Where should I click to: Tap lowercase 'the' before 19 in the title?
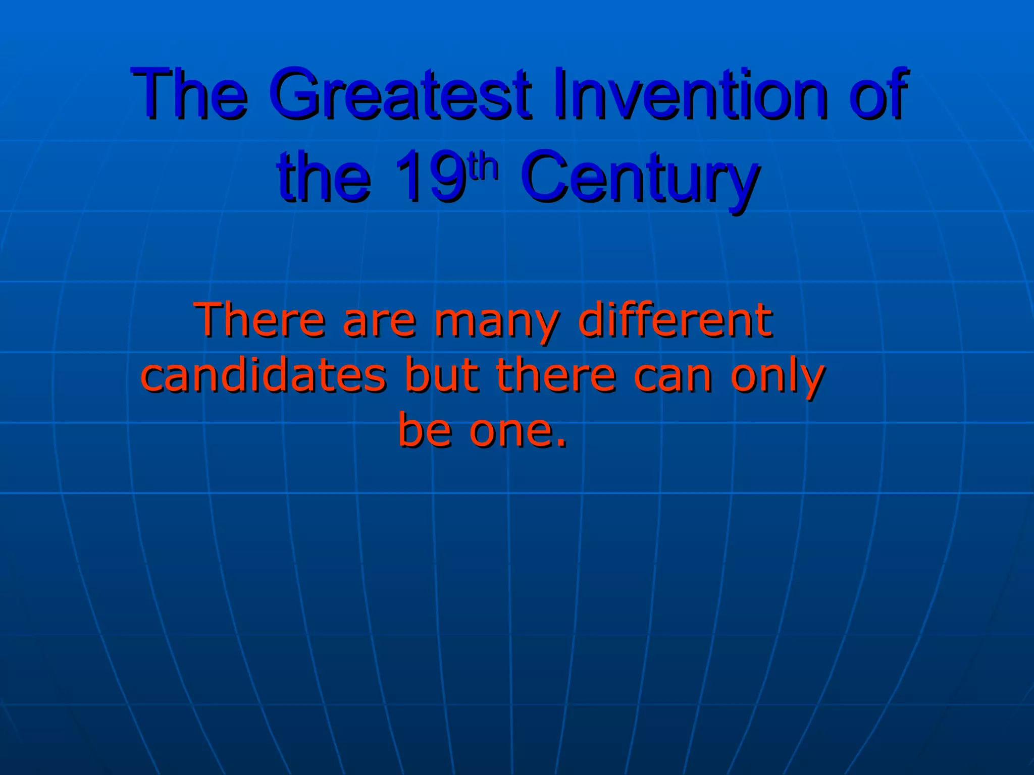[x=323, y=178]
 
